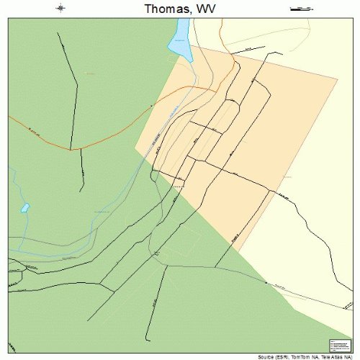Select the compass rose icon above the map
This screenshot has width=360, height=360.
click(60, 9)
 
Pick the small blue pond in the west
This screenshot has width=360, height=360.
click(25, 207)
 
